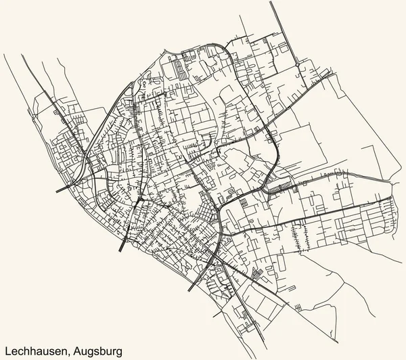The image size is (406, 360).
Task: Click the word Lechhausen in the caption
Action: [30, 348]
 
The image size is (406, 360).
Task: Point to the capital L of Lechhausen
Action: [6, 348]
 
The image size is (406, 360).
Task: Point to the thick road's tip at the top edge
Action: [271, 2]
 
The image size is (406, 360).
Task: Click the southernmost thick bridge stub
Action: [190, 289]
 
